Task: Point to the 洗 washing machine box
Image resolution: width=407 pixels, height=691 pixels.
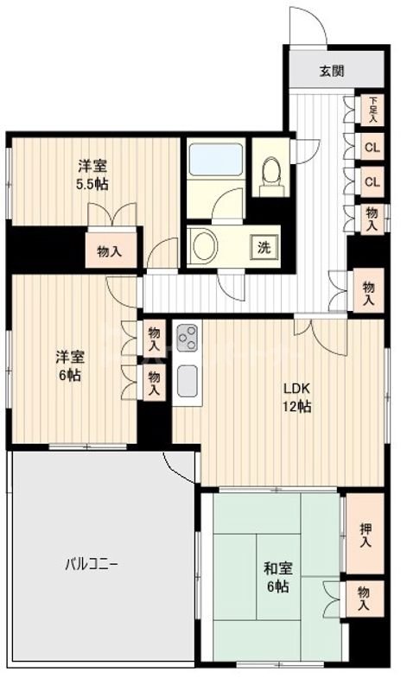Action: [x=264, y=246]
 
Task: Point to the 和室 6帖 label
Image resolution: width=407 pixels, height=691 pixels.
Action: [x=276, y=576]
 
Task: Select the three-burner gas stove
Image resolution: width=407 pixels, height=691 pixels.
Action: [x=188, y=338]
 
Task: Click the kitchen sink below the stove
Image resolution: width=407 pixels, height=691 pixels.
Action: [x=188, y=379]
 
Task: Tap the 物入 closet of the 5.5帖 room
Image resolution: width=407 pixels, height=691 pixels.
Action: [x=110, y=251]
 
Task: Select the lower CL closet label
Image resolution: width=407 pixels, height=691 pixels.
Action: [x=372, y=181]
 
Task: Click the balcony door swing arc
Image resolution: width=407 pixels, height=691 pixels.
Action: [x=180, y=467]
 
